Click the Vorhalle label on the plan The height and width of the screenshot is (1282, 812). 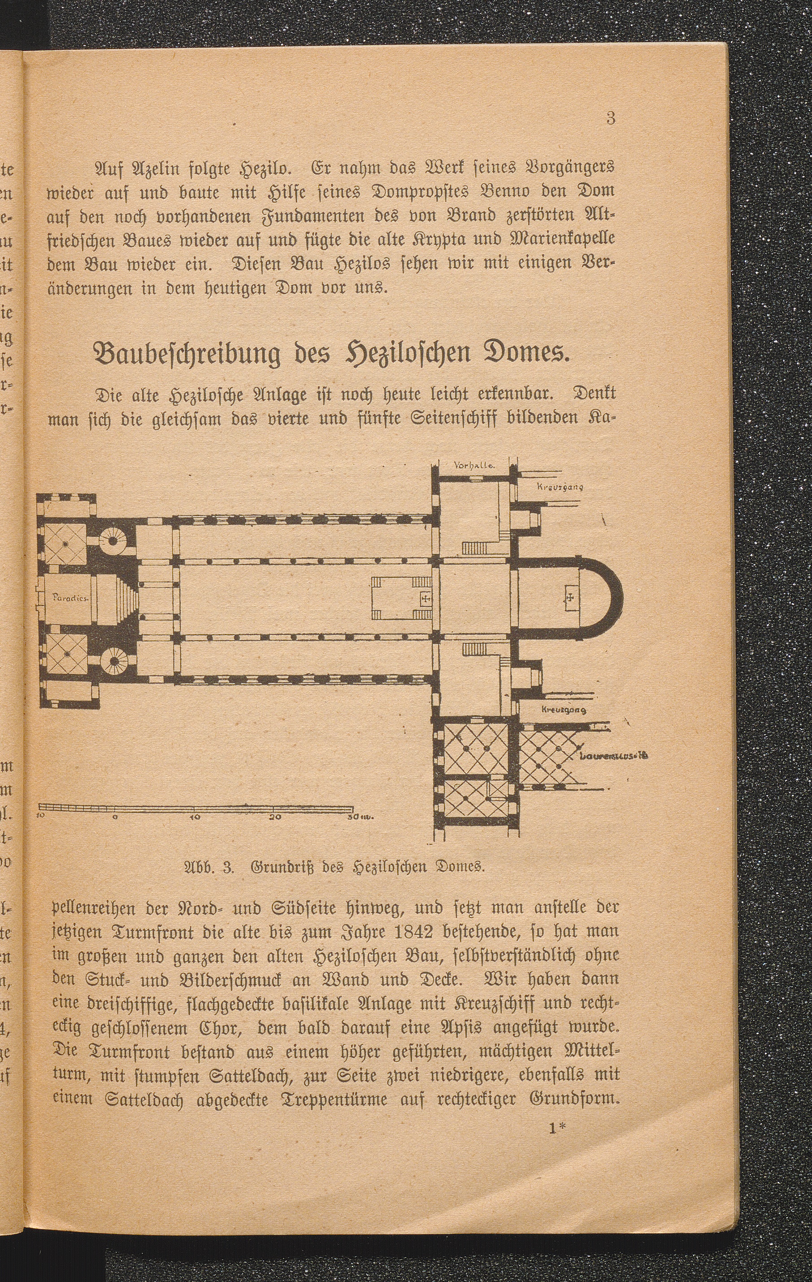point(475,465)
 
